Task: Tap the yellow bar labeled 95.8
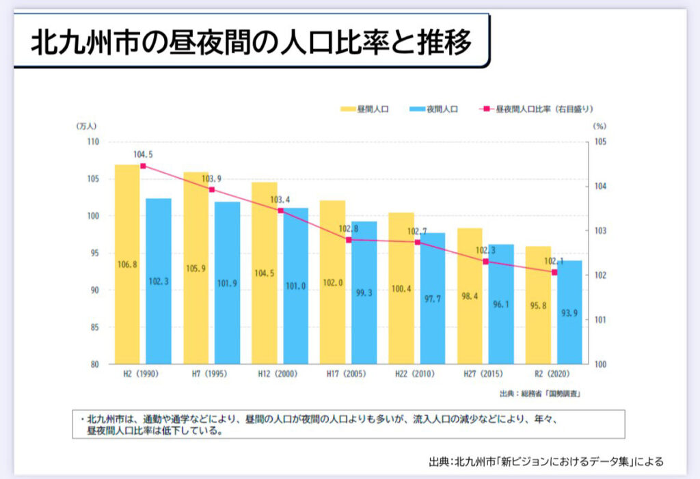click(538, 305)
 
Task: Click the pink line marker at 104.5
click(143, 166)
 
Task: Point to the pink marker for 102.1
click(554, 272)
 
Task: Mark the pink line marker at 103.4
click(280, 210)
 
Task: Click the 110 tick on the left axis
click(93, 142)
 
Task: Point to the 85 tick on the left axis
click(94, 327)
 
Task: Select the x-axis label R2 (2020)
click(554, 374)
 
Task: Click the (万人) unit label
click(88, 126)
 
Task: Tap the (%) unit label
click(600, 126)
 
